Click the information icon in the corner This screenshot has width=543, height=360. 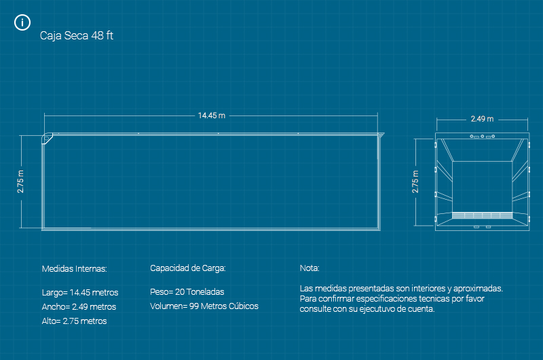tap(22, 23)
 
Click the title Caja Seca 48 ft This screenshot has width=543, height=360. tap(77, 36)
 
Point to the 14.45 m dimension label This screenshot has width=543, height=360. tap(212, 115)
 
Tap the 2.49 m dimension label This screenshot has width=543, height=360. tap(482, 119)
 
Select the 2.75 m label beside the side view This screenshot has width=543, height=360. tap(21, 181)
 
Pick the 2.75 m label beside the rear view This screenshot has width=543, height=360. tap(416, 181)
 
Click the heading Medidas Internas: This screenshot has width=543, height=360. tap(75, 269)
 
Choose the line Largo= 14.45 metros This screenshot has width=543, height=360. tap(80, 293)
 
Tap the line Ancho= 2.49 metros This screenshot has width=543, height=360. tap(79, 307)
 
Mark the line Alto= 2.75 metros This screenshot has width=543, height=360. tap(75, 321)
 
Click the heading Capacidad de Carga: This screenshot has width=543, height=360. tap(187, 268)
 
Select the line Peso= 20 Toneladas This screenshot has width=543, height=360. tap(187, 292)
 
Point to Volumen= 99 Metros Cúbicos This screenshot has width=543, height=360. tap(204, 306)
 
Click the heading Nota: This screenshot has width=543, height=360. tap(309, 268)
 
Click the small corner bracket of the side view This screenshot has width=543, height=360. tap(50, 138)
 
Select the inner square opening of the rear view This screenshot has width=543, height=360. tap(482, 186)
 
